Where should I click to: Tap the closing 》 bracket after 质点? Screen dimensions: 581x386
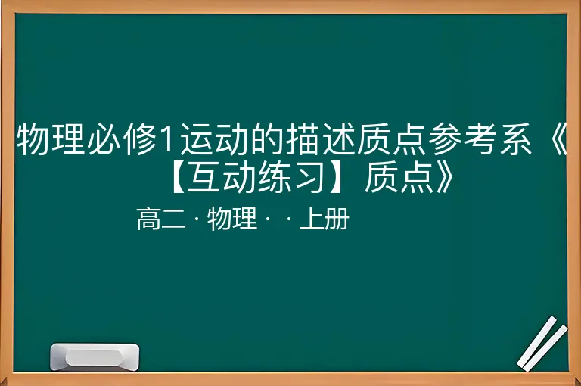coord(445,178)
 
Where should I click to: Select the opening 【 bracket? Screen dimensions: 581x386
coord(179,178)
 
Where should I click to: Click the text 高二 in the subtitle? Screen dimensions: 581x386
coord(161,219)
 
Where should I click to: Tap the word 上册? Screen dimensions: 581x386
coord(325,219)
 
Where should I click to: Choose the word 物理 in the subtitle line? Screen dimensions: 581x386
coord(232,219)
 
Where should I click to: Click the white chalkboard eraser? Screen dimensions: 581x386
coord(95,357)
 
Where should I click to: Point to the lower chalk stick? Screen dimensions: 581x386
coord(545,348)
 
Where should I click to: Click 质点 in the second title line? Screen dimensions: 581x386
coord(399,178)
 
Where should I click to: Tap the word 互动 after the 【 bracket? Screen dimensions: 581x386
coord(222,178)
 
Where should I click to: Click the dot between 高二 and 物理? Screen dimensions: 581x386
coord(197,219)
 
